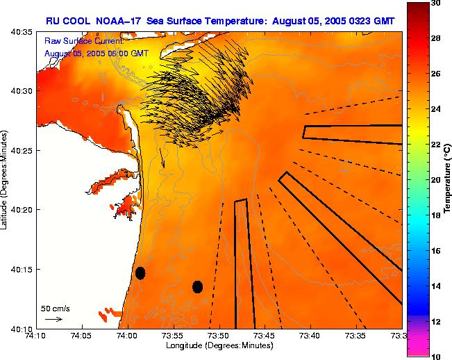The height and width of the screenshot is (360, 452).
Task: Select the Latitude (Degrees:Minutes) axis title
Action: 6,179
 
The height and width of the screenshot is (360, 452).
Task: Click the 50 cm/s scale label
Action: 56,308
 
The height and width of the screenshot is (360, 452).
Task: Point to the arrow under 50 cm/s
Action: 53,319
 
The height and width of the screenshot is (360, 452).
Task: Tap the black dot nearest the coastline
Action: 140,273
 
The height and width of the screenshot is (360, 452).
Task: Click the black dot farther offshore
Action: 197,286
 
